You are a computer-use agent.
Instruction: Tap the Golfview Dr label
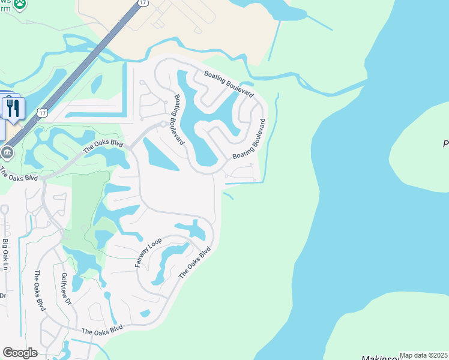point(67,290)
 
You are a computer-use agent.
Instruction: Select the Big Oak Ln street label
point(6,254)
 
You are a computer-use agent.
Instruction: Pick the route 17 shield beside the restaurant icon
point(41,113)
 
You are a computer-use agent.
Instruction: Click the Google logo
point(20,353)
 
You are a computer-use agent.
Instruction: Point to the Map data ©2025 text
point(424,355)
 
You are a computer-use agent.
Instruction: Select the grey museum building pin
point(7,152)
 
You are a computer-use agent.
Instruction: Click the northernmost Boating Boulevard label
point(228,85)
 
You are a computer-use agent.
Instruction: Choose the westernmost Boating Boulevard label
point(179,119)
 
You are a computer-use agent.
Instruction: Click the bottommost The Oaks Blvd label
point(102,329)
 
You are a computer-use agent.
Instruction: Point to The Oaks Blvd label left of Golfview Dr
point(40,290)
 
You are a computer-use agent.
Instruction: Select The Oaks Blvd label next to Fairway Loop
point(196,262)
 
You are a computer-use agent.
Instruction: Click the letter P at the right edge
point(445,145)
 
